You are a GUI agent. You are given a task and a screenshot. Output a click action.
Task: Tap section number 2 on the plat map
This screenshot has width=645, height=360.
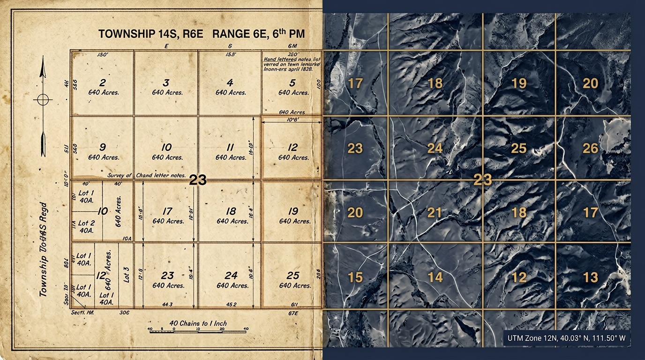point(102,83)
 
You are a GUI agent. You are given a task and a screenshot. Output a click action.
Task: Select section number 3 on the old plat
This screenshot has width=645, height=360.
point(166,83)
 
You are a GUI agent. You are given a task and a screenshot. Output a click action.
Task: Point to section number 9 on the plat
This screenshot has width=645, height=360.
point(102,147)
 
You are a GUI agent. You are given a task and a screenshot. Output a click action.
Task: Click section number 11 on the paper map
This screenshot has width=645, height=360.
point(230,147)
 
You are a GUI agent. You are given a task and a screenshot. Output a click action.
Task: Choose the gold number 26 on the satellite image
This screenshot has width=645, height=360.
point(590,148)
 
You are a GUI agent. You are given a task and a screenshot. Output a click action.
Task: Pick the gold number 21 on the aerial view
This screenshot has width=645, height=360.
point(435,213)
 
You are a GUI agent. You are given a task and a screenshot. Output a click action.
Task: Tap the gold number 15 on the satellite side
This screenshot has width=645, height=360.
point(355,277)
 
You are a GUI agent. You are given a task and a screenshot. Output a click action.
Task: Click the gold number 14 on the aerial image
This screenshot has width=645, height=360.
point(435,277)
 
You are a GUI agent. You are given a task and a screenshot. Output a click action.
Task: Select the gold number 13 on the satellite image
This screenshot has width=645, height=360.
point(590,277)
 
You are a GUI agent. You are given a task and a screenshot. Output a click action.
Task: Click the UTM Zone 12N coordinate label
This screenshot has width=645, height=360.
point(566,337)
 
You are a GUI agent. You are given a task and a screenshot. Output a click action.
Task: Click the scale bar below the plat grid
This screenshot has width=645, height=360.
point(198,329)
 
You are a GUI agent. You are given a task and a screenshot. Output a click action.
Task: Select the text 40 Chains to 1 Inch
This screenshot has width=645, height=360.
point(198,323)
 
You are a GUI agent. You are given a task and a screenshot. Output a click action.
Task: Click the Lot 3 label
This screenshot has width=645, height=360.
point(125,273)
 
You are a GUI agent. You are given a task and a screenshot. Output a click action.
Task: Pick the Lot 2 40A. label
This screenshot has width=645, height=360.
point(86,226)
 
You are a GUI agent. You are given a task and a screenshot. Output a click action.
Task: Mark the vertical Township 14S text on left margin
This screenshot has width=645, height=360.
point(44,248)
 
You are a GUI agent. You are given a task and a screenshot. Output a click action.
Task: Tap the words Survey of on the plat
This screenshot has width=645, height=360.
point(120,175)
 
